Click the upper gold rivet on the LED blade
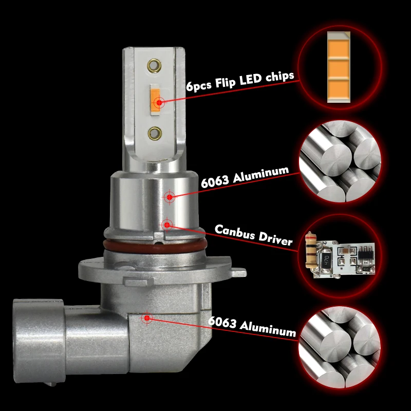coord(154,65)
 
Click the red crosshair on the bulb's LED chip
coord(160,102)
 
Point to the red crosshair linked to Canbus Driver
coord(166,224)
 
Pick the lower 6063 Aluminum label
coord(252,326)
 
